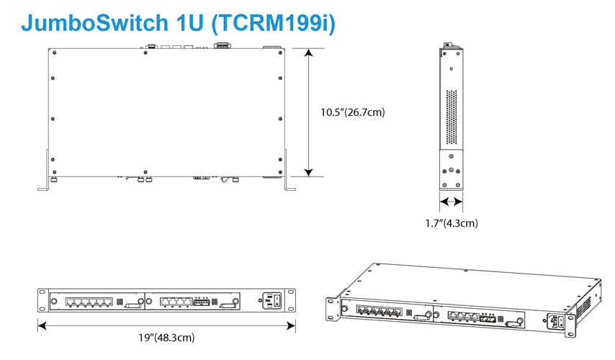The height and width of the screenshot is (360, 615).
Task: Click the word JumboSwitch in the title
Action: coord(95,23)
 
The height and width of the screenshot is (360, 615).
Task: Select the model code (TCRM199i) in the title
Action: coord(274,23)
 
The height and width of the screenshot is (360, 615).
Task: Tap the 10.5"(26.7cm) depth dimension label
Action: coord(353,112)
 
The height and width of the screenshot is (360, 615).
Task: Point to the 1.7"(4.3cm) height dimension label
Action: coord(452,223)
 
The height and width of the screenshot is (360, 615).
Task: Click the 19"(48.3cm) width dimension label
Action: coord(166,338)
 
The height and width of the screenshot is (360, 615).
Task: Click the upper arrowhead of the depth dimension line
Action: coord(309,53)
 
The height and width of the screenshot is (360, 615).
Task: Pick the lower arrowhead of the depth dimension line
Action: coord(309,173)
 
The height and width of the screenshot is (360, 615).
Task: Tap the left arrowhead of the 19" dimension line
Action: coord(42,325)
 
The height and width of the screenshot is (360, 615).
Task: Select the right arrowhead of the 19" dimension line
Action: coord(291,325)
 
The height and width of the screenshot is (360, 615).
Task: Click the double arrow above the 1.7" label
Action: coord(451,202)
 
